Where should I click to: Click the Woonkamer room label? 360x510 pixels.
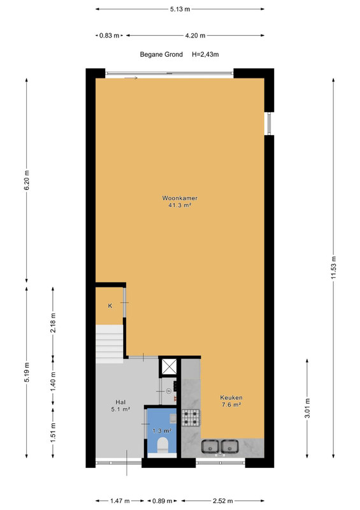coord(180,198)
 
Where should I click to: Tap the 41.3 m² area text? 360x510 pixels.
coord(180,205)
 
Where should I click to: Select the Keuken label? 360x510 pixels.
coord(231,397)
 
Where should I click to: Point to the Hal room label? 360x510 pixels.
coord(120,402)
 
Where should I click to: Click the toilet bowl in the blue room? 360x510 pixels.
coord(162,445)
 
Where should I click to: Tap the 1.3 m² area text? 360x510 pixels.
coord(162,431)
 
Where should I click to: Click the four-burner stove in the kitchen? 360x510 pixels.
coord(191,418)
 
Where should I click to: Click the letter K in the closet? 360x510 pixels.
coord(110,306)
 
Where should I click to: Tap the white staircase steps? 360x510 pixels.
coord(109,344)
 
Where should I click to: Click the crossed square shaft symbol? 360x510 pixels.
coord(169,367)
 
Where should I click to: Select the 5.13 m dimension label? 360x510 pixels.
coord(180,9)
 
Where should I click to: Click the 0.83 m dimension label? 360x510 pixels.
coord(109,36)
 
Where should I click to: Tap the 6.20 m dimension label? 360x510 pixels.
coord(27,180)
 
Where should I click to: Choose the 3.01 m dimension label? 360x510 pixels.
coord(308,408)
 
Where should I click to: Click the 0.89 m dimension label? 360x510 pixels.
coord(162,501)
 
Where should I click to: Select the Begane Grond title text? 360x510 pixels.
coord(161,54)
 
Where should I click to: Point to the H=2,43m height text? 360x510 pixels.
coord(205,54)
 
